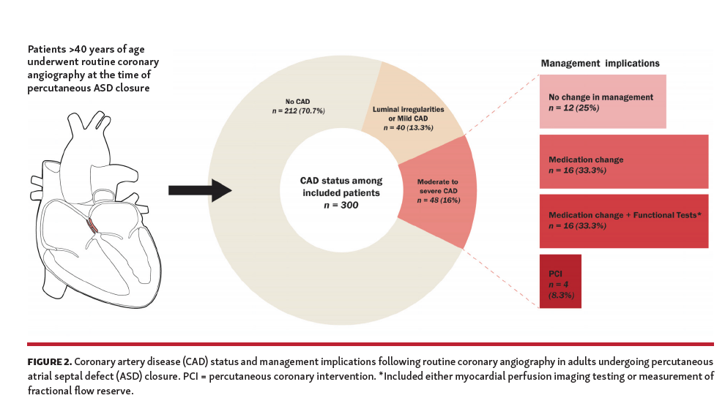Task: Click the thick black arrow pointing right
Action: click(x=198, y=190)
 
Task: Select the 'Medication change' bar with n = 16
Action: click(x=623, y=162)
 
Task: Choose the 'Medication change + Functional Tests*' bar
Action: click(x=623, y=220)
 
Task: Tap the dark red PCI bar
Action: click(x=560, y=282)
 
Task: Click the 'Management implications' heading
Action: click(x=600, y=64)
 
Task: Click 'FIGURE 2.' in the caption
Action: click(x=50, y=362)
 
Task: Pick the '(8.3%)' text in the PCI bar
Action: click(x=561, y=295)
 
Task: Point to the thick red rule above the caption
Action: click(x=370, y=344)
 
